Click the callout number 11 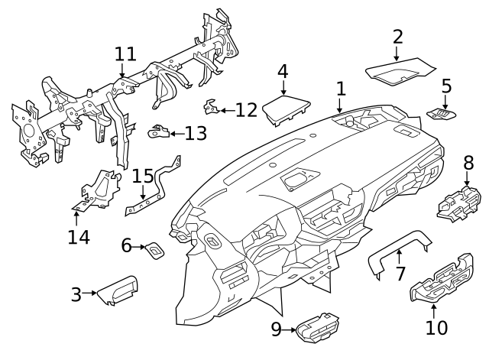tap(125, 54)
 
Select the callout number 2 tap(397, 36)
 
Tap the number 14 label tap(78, 237)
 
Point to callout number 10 tap(437, 329)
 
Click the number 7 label tap(400, 273)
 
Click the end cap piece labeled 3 tap(118, 290)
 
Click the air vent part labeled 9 tap(316, 329)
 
